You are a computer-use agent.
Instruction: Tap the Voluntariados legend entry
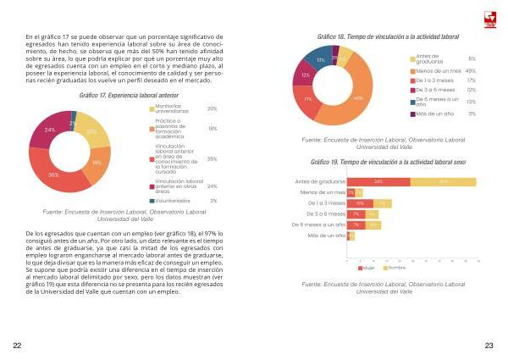pyautogui.click(x=174, y=201)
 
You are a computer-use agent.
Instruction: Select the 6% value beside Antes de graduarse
pyautogui.click(x=472, y=58)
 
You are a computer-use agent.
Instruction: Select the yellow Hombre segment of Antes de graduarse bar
pyautogui.click(x=443, y=181)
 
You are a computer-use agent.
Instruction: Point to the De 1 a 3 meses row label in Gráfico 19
pyautogui.click(x=327, y=203)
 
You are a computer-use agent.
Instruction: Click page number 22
pyautogui.click(x=18, y=346)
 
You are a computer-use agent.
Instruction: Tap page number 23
pyautogui.click(x=489, y=346)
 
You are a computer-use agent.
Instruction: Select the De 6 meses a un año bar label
pyautogui.click(x=319, y=224)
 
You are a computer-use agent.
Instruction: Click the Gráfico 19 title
pyautogui.click(x=371, y=162)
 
